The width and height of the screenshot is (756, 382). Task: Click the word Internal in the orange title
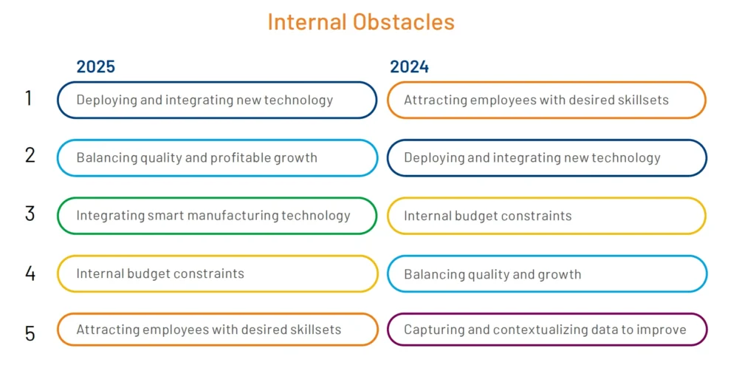point(306,22)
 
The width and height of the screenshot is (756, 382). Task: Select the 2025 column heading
point(96,66)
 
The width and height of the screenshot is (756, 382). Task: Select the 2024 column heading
point(409,66)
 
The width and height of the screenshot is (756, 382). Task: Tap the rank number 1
point(29,98)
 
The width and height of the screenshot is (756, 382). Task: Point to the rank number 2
point(30,156)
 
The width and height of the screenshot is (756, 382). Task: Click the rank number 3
point(30,214)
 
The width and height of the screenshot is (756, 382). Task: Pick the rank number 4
point(30,273)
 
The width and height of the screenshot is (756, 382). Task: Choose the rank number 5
point(30,332)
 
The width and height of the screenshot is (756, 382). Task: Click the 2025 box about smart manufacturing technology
point(217,216)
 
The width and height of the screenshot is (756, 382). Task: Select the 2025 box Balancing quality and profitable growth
point(217,158)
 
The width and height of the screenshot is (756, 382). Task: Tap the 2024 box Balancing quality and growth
point(546,274)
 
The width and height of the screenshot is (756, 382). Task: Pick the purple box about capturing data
point(546,330)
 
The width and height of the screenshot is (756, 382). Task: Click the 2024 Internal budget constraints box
point(546,216)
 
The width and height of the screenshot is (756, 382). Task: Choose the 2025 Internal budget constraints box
point(217,273)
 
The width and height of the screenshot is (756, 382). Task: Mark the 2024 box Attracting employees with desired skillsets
point(546,100)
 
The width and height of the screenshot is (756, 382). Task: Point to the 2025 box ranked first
point(217,100)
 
